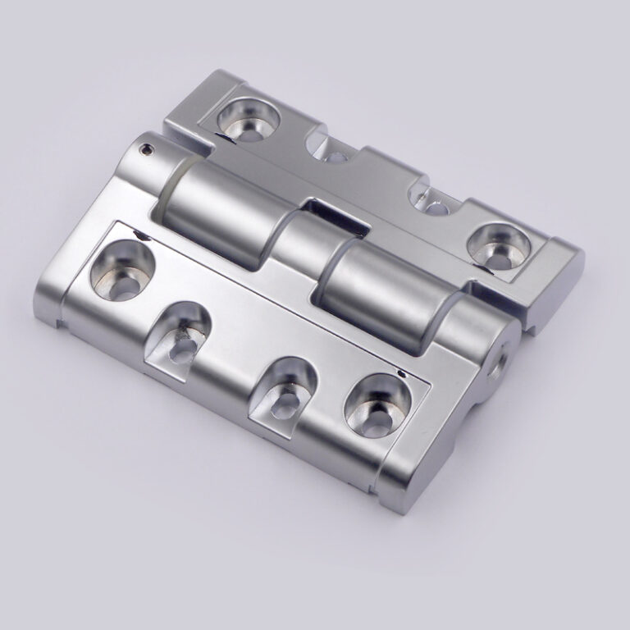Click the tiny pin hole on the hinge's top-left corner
pyautogui.click(x=146, y=149)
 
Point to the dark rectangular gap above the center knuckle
pyautogui.click(x=332, y=211)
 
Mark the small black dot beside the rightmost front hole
pyautogui.click(x=399, y=374)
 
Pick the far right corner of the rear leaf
pyautogui.click(x=584, y=256)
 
